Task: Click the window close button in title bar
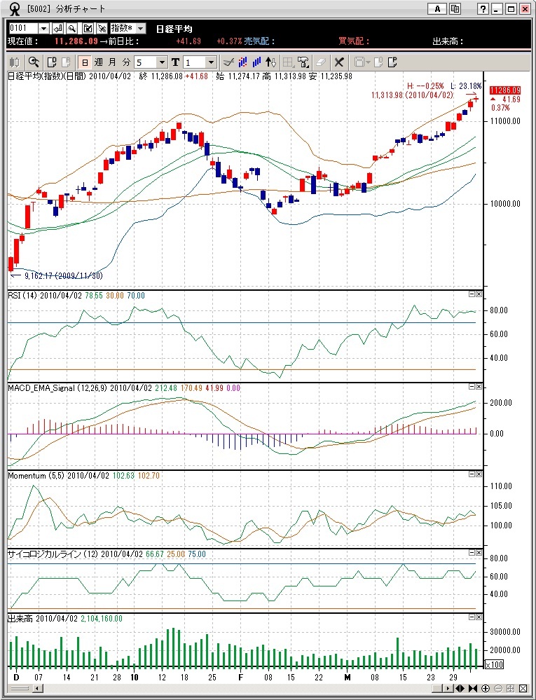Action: pos(524,9)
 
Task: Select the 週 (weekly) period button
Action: pos(98,62)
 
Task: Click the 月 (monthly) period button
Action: pos(112,62)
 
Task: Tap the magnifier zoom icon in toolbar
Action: pos(33,62)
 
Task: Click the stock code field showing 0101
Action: pos(23,28)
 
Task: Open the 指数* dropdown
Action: pos(128,28)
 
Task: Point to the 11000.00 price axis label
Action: pos(505,121)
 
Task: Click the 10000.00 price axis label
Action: pos(505,204)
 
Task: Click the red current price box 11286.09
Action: pos(505,90)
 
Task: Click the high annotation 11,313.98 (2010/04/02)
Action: pos(413,95)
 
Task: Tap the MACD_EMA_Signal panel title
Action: pos(55,387)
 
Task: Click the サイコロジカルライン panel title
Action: pos(48,554)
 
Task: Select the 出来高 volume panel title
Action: pos(20,619)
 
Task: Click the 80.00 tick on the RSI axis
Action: pos(499,310)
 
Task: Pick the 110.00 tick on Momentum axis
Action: pos(501,486)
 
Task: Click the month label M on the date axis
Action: pos(347,678)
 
